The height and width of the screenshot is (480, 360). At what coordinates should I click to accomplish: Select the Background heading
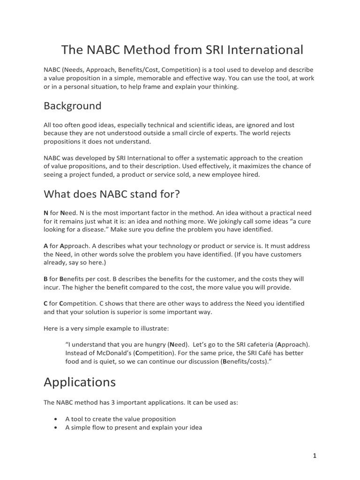tap(72, 106)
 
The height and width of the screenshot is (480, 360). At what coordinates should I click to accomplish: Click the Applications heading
tap(80, 382)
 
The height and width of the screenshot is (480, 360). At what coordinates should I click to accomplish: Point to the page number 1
tap(315, 456)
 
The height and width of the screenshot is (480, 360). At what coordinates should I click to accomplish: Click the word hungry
tap(149, 344)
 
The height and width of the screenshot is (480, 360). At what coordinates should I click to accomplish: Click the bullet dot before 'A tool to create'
tap(56, 419)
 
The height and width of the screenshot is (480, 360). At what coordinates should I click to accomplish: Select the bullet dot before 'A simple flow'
tap(56, 427)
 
